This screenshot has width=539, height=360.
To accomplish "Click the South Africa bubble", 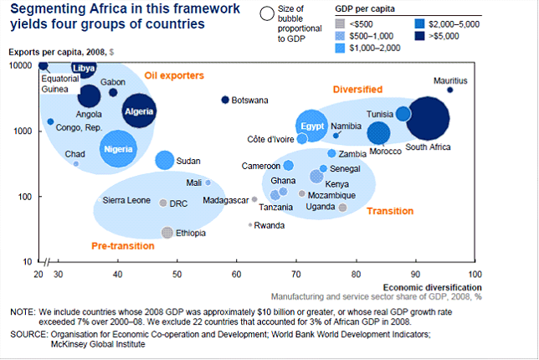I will pyautogui.click(x=428, y=121).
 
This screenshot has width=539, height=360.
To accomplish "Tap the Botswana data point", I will pyautogui.click(x=225, y=100).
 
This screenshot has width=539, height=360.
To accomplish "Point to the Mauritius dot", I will pyautogui.click(x=450, y=90).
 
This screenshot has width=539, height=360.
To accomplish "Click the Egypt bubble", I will pyautogui.click(x=312, y=126).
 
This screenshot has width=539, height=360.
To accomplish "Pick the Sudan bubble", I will pyautogui.click(x=165, y=160).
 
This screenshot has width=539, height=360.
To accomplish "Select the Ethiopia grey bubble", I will pyautogui.click(x=167, y=233).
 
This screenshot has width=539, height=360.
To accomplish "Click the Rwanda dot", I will pyautogui.click(x=249, y=224).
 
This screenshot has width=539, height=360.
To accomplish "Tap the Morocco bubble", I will pyautogui.click(x=378, y=132).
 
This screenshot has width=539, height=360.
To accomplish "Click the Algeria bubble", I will pyautogui.click(x=139, y=111).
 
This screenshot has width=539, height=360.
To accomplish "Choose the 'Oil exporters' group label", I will pyautogui.click(x=174, y=76).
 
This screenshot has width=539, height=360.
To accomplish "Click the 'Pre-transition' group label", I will pyautogui.click(x=122, y=246).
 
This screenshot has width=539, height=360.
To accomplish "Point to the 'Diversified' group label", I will pyautogui.click(x=357, y=89).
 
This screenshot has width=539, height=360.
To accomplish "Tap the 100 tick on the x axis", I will pyautogui.click(x=475, y=274).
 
